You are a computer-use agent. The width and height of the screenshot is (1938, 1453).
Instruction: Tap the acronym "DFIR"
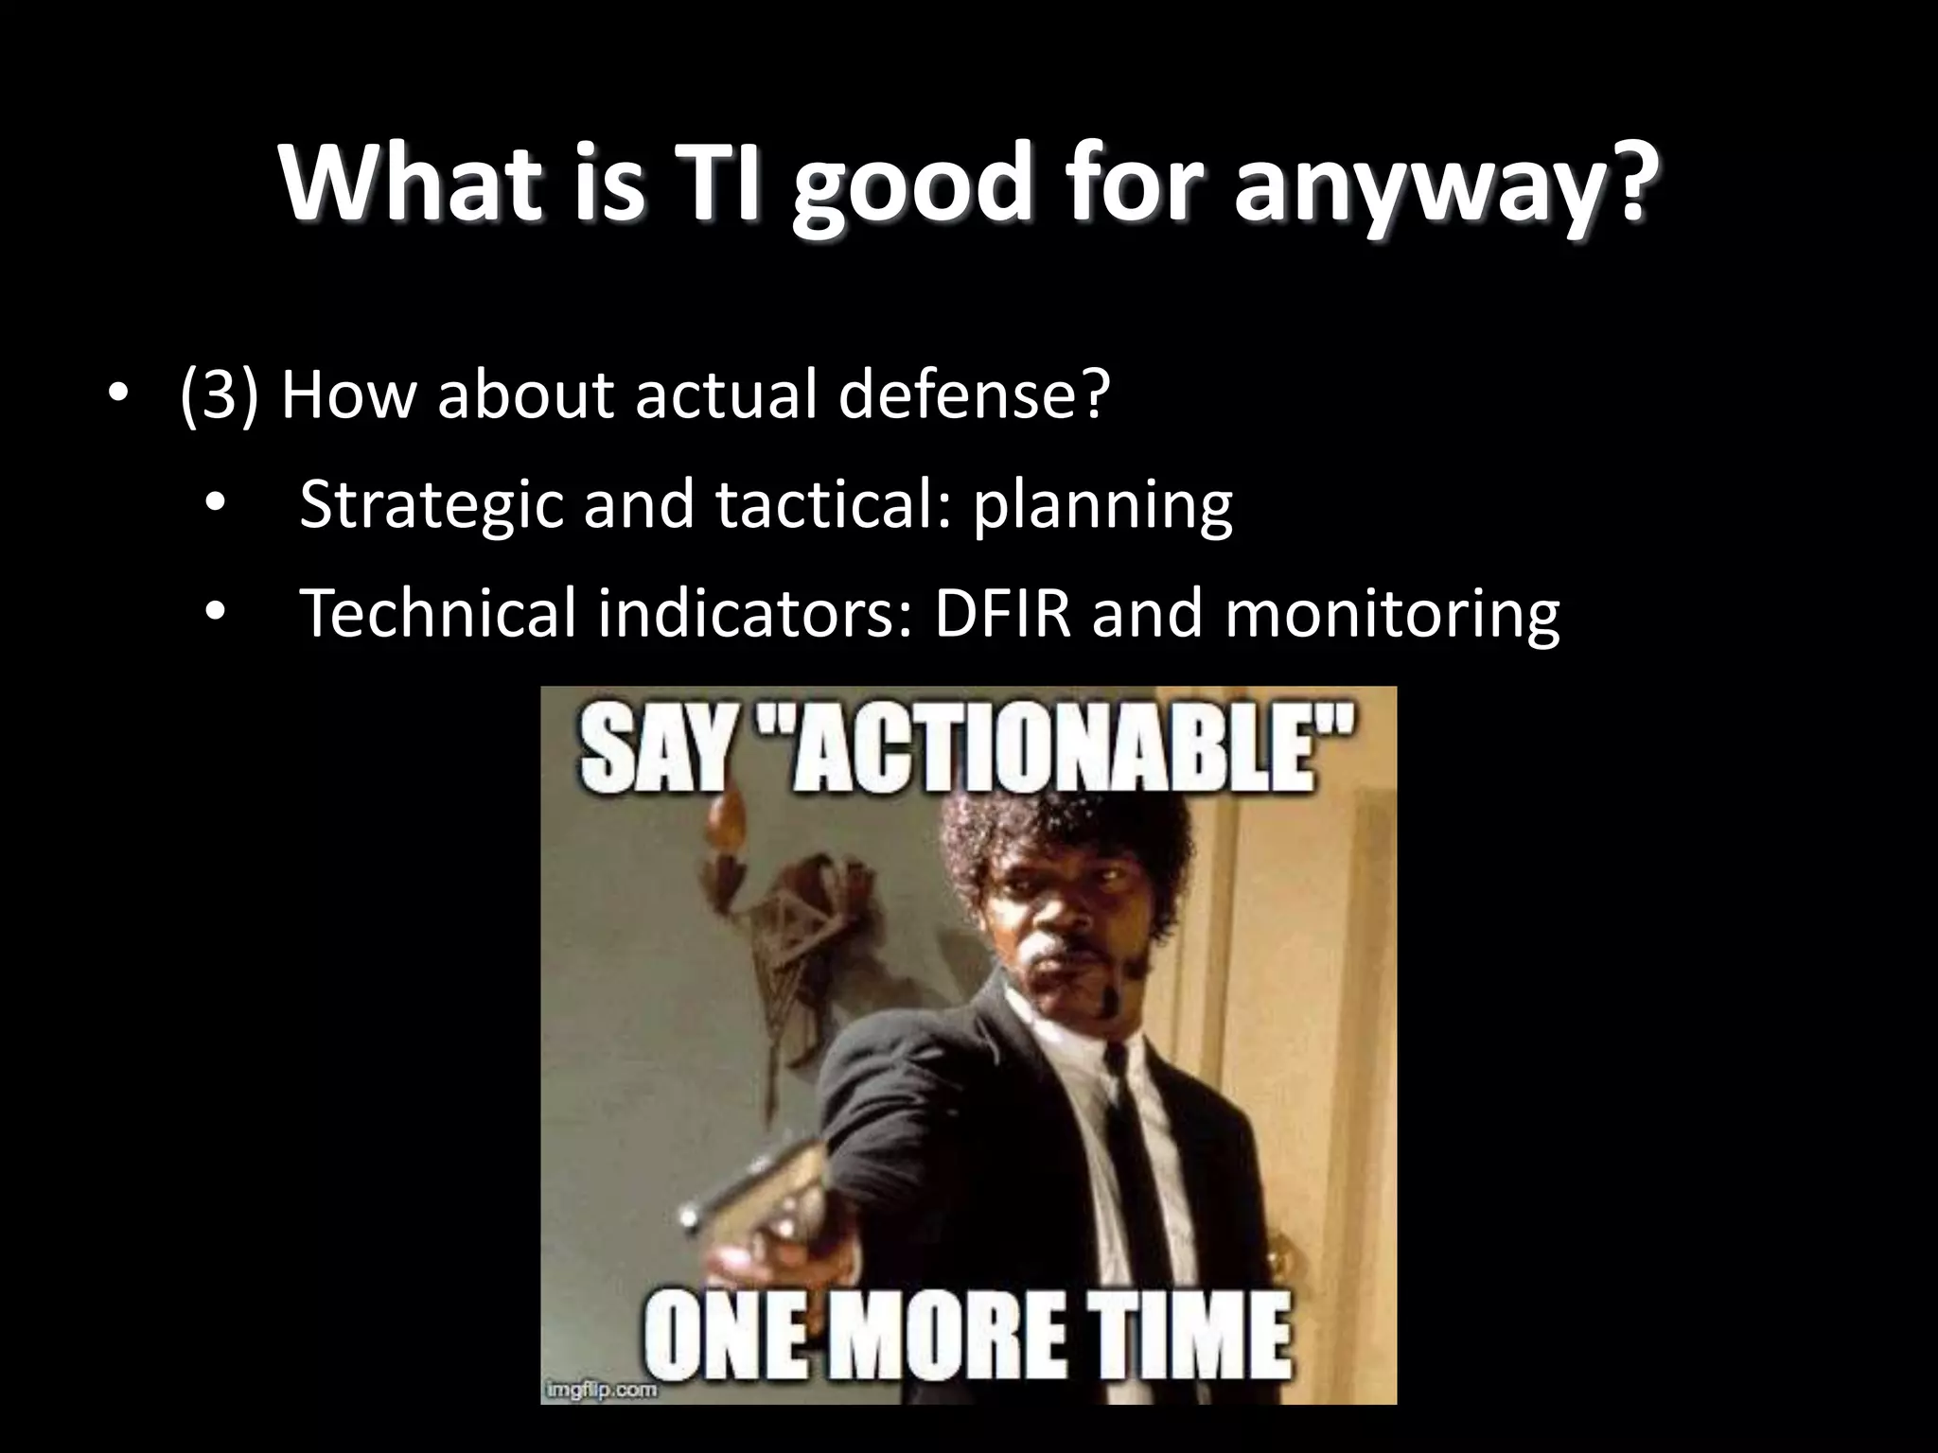pos(1002,613)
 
